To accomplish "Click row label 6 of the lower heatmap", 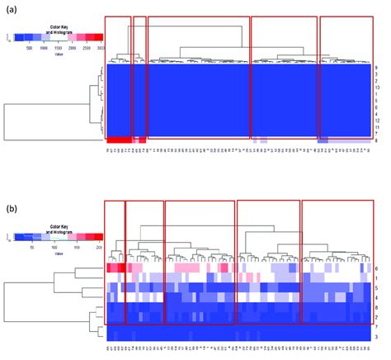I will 376,269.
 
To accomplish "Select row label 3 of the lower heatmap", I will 376,338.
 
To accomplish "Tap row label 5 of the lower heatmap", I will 376,288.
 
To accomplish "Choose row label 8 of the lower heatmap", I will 376,307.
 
